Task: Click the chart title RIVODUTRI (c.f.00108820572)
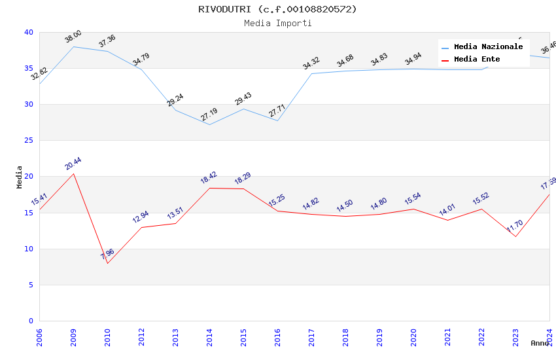(277, 9)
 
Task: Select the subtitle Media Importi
(277, 24)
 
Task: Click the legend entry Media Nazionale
(488, 47)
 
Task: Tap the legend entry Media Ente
(477, 60)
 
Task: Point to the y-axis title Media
(20, 177)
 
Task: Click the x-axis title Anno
(540, 343)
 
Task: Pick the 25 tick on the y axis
(29, 141)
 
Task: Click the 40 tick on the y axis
(29, 33)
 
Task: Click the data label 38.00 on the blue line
(73, 37)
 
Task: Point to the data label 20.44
(73, 164)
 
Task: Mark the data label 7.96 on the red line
(107, 253)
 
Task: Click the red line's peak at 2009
(73, 173)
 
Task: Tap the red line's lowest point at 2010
(107, 263)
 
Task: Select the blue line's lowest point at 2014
(209, 124)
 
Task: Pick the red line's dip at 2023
(515, 236)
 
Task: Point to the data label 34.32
(311, 63)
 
